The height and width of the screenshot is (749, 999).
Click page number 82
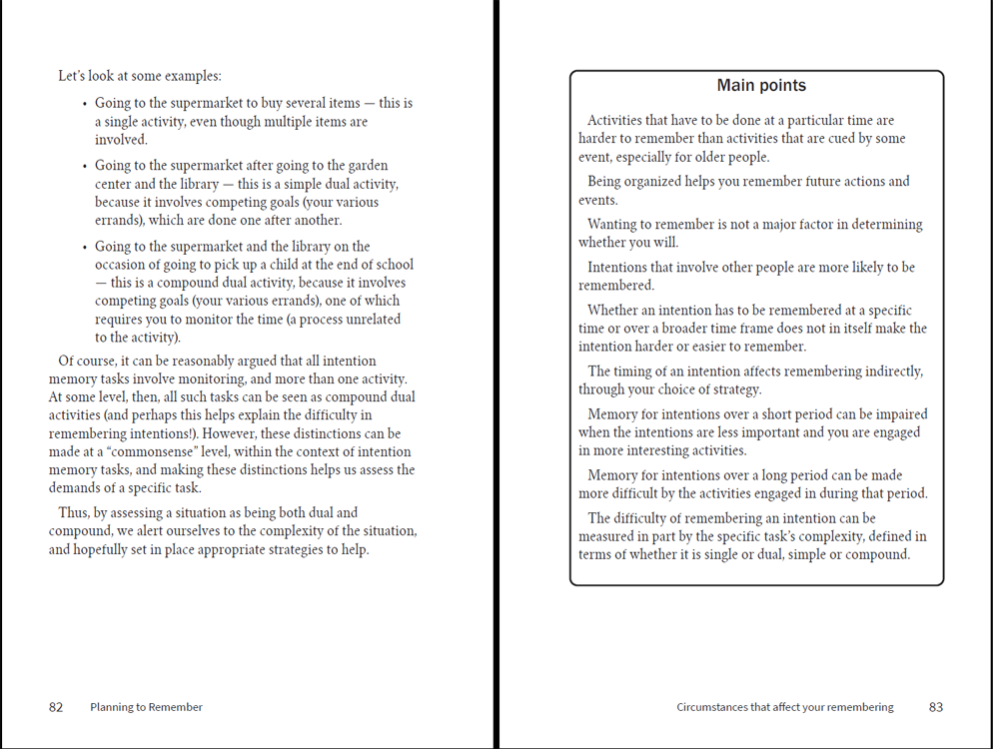pos(56,707)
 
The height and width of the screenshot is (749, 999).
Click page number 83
pos(936,707)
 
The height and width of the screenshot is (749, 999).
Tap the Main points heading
pos(761,86)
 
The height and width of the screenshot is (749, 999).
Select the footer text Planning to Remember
pos(146,707)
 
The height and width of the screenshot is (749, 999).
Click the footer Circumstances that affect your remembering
pos(785,707)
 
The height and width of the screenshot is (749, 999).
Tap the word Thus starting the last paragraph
pos(75,512)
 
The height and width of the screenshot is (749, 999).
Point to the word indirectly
pos(890,372)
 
